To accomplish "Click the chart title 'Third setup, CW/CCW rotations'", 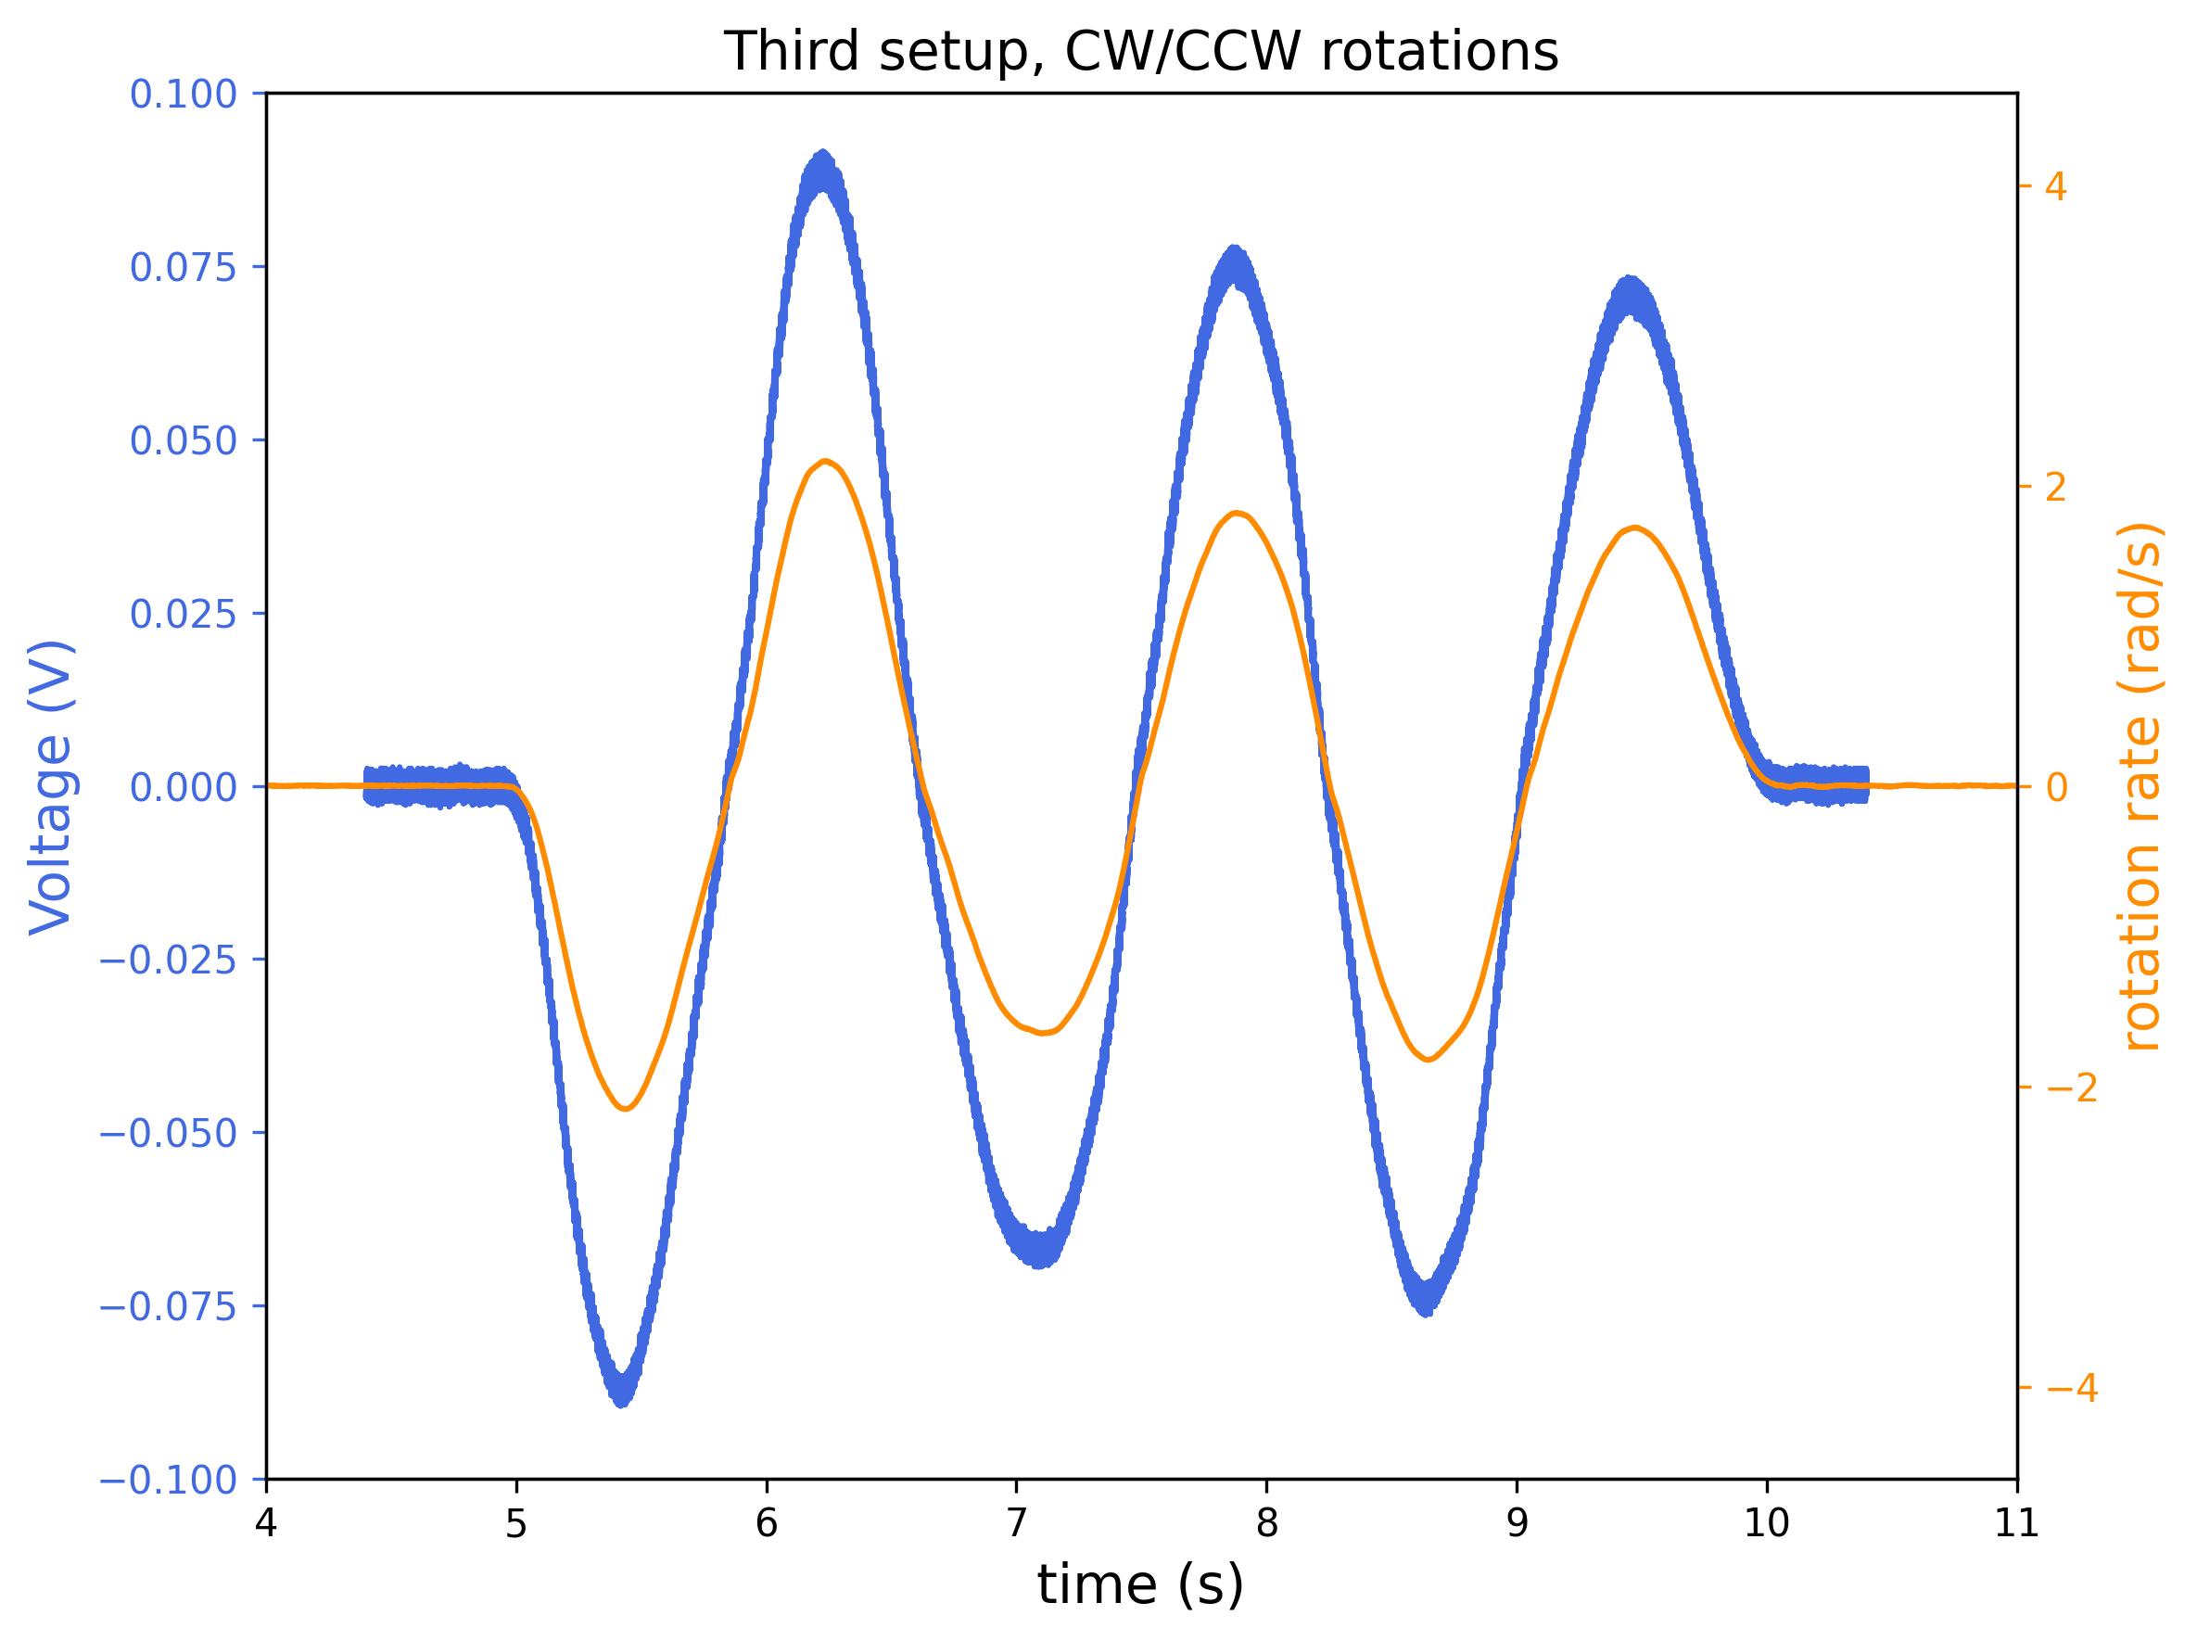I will pos(1140,52).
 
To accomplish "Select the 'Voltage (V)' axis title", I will pos(52,787).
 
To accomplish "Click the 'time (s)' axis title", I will pos(1140,1585).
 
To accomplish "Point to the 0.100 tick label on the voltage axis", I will pos(184,95).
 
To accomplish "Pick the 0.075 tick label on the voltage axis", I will pos(184,267).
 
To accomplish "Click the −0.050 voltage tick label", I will pos(169,1133).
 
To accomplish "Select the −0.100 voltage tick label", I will pos(169,1480).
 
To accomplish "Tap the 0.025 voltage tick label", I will pos(184,614).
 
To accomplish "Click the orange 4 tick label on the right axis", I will pos(2057,186).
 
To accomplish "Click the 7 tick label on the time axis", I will pos(1016,1525).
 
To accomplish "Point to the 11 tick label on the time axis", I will pos(2016,1525).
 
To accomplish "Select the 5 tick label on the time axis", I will pos(515,1525).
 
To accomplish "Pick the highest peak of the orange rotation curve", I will pos(825,461).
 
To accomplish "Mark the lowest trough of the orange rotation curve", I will pos(626,1109).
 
